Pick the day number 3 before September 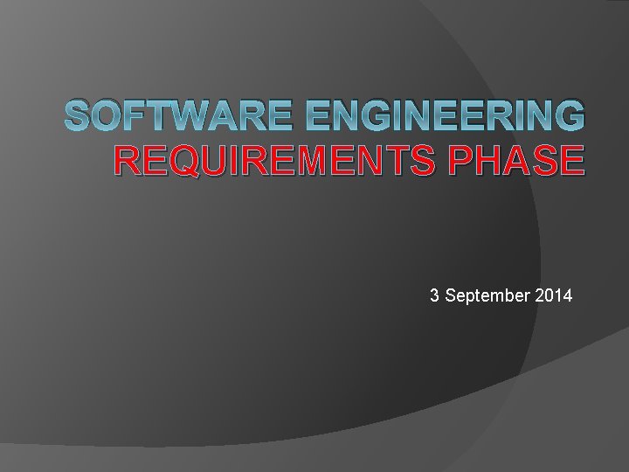coord(434,296)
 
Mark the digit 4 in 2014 coord(568,296)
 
